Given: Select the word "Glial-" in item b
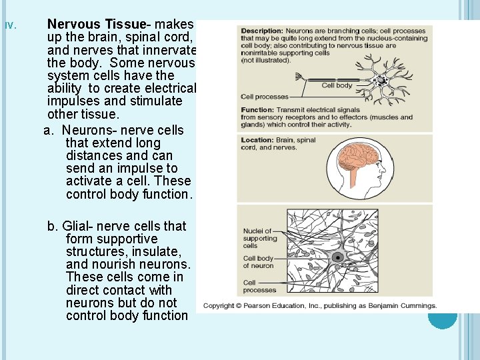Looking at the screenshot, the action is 79,227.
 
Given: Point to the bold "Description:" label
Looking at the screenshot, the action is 262,31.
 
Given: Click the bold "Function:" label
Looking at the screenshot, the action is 257,110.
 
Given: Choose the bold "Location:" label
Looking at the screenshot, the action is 257,141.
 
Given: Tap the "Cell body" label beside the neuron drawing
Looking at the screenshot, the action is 337,85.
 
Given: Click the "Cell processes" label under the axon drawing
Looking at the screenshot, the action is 265,97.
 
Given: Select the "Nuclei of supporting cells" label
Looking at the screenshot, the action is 259,239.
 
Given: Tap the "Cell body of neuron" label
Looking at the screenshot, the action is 258,262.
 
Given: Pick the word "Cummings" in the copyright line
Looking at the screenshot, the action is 416,306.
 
